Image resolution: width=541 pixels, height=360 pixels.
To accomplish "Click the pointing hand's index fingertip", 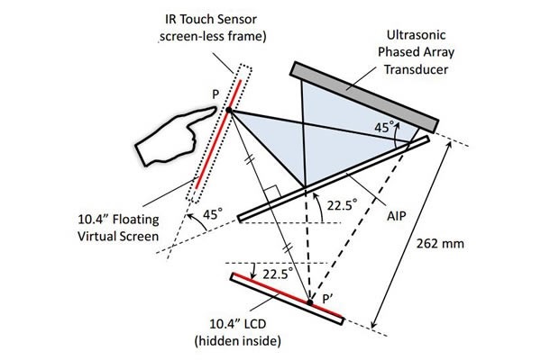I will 217,110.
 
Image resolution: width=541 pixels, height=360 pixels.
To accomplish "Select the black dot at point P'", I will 308,301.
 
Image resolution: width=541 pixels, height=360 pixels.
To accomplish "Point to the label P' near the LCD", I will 318,294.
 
